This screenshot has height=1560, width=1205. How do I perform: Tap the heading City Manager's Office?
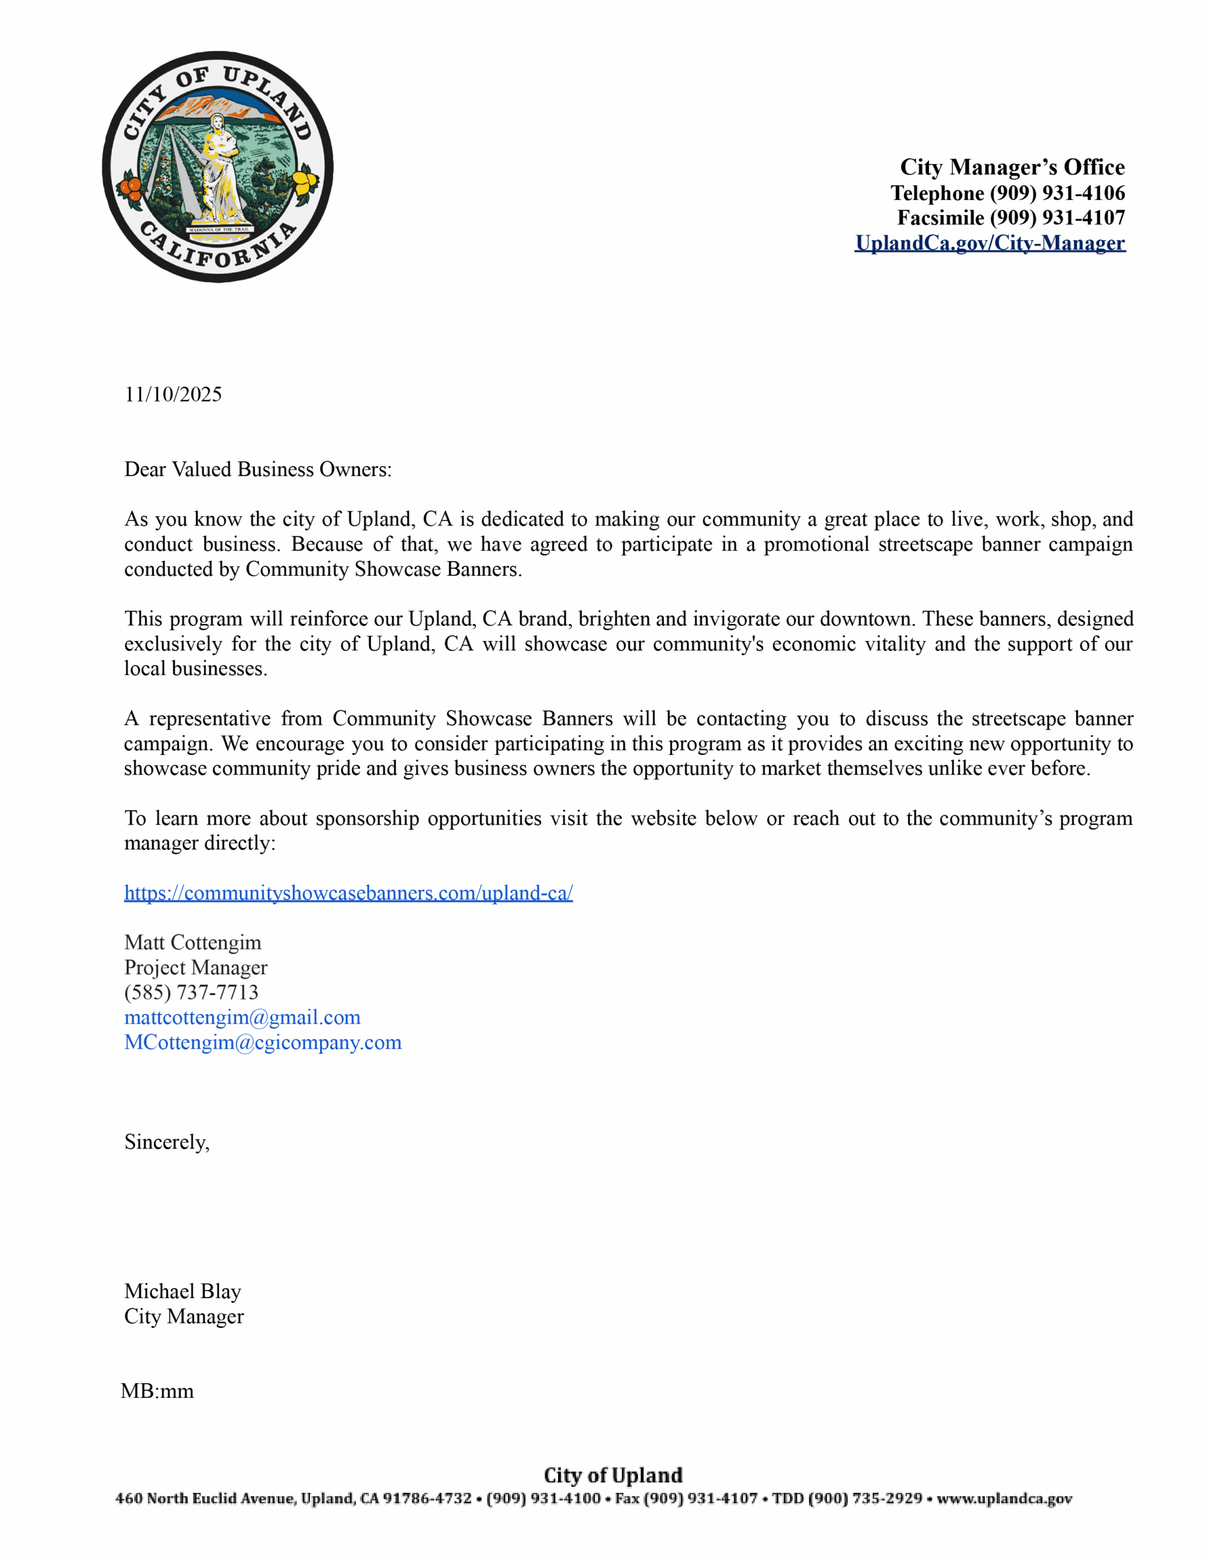[1011, 167]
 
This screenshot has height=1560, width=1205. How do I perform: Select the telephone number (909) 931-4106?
[1056, 193]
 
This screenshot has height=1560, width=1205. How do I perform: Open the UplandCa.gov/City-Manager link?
[989, 243]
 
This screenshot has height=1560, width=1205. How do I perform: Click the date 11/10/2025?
[173, 394]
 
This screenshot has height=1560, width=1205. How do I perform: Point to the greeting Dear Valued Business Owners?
[258, 469]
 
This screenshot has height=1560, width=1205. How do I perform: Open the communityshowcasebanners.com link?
[348, 893]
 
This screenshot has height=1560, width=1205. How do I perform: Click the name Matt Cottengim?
[193, 942]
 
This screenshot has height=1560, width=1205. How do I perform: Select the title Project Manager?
[196, 967]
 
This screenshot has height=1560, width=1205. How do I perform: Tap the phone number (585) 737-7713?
[191, 992]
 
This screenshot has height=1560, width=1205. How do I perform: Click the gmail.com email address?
[242, 1017]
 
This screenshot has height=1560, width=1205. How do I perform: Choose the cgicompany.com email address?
[263, 1042]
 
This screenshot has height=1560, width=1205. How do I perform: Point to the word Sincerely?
[166, 1141]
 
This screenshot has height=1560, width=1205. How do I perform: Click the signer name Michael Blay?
[183, 1291]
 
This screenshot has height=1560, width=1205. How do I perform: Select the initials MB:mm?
[157, 1391]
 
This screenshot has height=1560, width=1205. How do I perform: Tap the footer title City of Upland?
[613, 1475]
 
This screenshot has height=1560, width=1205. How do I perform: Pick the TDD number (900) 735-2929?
[864, 1498]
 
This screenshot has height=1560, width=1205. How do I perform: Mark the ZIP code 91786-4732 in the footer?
[427, 1498]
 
